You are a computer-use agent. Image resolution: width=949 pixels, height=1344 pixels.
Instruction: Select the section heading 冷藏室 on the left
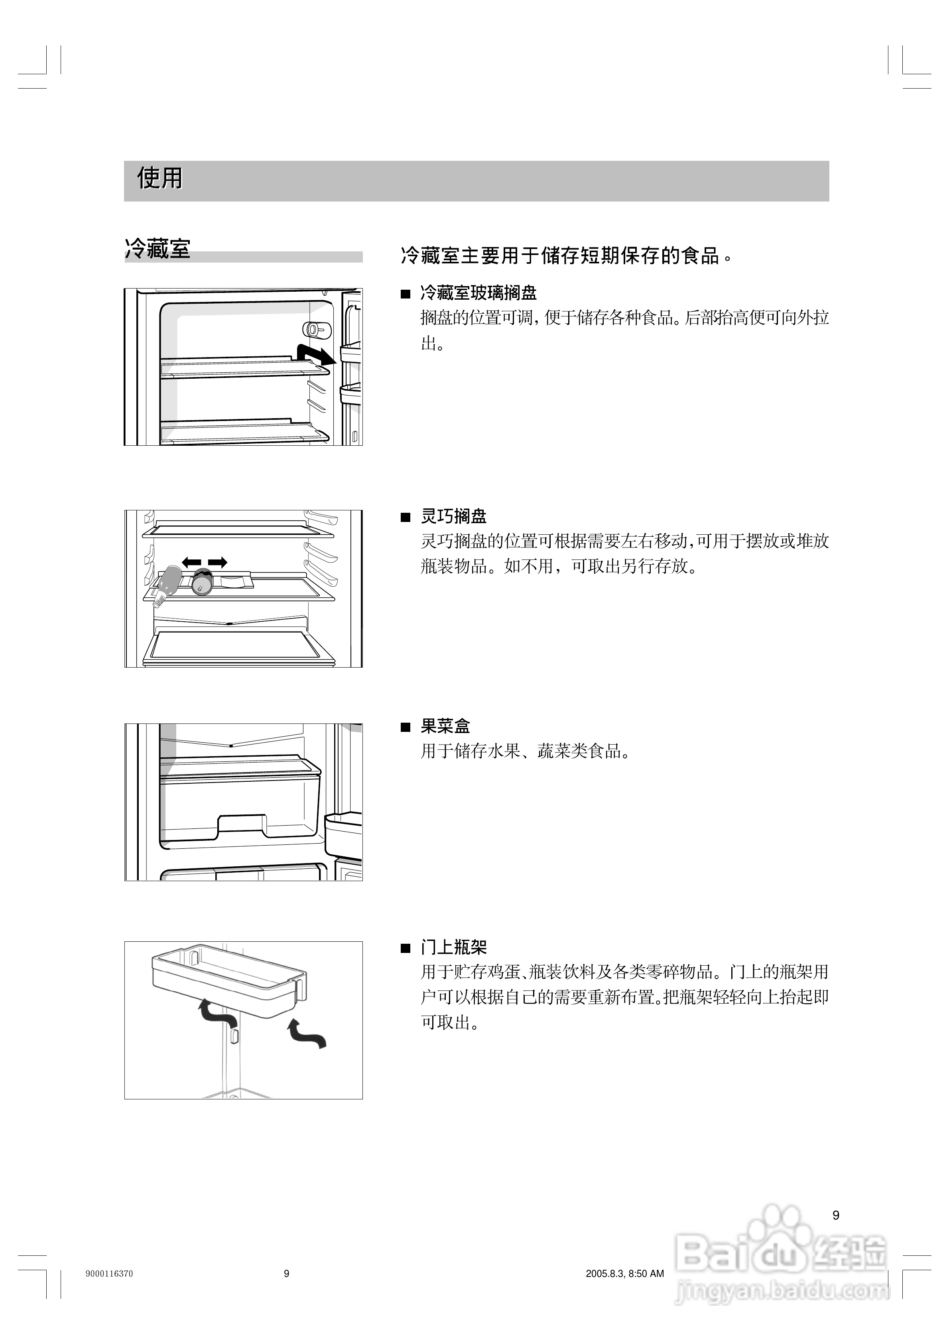coord(158,249)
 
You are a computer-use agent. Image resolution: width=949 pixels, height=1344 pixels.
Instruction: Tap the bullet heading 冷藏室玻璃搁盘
coord(478,293)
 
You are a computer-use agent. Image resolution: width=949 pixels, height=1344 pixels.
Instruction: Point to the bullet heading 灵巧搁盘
coord(453,516)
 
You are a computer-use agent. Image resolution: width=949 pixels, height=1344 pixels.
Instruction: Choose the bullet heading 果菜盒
coord(445,726)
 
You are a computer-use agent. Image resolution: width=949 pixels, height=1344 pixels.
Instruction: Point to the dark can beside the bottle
coord(202,581)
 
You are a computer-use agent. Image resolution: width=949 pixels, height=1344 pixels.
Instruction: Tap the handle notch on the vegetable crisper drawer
coord(242,825)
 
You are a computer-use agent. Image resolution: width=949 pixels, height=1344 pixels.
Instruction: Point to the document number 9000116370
coord(109,1274)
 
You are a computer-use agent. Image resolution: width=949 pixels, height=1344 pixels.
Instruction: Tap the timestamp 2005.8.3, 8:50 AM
coord(624,1274)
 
